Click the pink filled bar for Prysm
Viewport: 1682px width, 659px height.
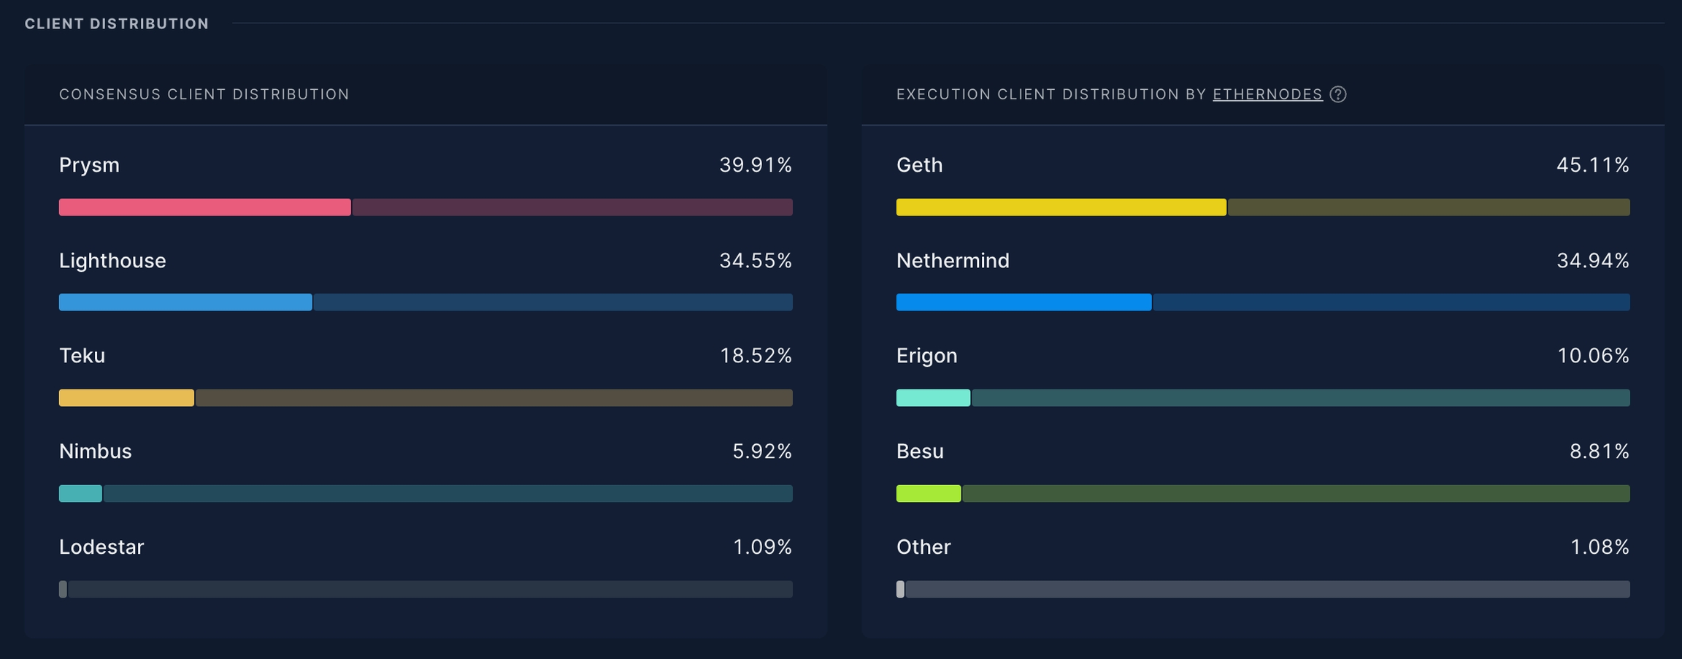tap(204, 207)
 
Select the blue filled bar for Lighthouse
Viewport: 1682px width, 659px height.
tap(185, 302)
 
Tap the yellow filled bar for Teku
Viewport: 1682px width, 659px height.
tap(126, 398)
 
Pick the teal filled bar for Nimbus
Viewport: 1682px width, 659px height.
tap(80, 494)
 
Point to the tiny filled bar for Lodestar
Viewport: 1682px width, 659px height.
tap(63, 590)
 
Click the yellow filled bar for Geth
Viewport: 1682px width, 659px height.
tap(1061, 207)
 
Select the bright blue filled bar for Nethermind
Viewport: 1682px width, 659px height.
tap(1024, 302)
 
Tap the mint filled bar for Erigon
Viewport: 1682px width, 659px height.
tap(933, 398)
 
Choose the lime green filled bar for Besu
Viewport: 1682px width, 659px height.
tap(929, 494)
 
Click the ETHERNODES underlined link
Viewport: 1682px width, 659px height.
tap(1267, 94)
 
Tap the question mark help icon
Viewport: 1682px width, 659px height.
tap(1338, 94)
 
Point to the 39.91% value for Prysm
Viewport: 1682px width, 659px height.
tap(756, 165)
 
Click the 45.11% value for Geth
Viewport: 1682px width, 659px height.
tap(1593, 165)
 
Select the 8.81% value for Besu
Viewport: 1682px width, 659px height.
tap(1600, 452)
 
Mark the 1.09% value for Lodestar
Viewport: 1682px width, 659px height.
tap(762, 547)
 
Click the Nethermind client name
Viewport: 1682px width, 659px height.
tap(953, 261)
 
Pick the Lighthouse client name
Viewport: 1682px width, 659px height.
tap(112, 261)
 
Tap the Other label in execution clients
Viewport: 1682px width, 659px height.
tap(923, 547)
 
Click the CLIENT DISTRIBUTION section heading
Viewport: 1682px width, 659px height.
tap(117, 24)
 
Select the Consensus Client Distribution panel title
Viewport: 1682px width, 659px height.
tap(204, 94)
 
